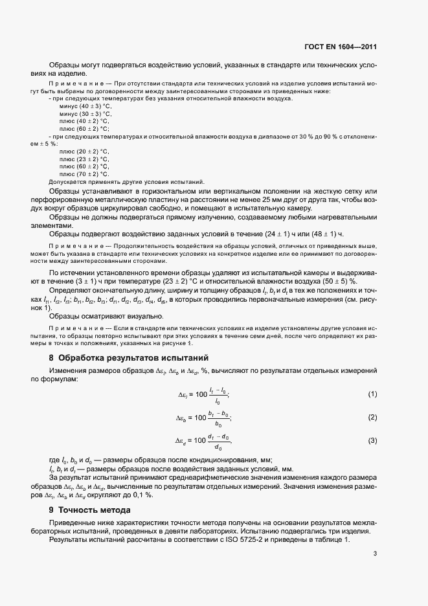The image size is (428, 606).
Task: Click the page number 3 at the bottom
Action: [x=375, y=554]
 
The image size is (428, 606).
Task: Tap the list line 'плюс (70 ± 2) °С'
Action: [x=84, y=174]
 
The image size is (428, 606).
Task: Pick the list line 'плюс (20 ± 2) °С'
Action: [x=84, y=151]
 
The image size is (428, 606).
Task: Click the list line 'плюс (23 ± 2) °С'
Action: [x=84, y=159]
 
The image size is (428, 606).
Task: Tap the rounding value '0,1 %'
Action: [x=141, y=495]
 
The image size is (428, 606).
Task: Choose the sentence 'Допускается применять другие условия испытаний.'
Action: [x=126, y=182]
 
